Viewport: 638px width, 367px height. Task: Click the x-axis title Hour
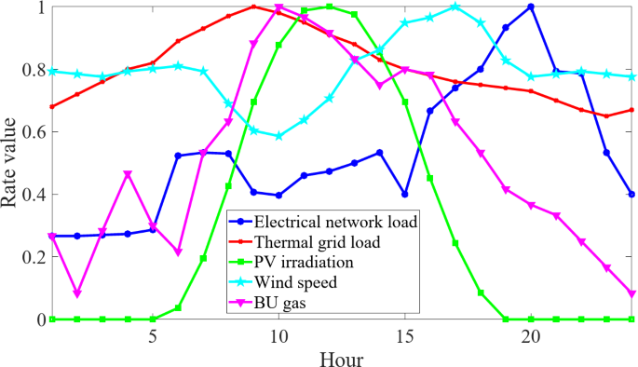coord(341,357)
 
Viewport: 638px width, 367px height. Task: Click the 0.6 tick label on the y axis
coord(30,132)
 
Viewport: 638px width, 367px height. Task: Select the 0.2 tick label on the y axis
coord(30,257)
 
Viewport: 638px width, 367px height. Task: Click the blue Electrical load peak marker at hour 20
coord(531,7)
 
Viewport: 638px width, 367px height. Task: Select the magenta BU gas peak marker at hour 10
coord(278,8)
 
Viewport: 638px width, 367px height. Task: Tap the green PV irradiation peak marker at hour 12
coord(329,7)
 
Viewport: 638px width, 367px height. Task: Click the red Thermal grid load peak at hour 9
coord(253,7)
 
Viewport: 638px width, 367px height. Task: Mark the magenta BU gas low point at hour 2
coord(77,293)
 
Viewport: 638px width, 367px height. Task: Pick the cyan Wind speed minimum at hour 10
coord(278,136)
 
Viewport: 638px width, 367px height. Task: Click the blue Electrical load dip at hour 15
coord(405,194)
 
